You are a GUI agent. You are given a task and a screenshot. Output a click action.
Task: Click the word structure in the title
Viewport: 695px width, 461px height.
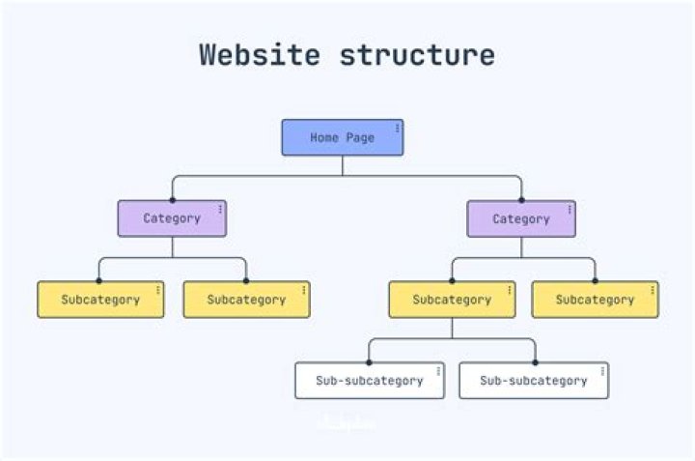(417, 54)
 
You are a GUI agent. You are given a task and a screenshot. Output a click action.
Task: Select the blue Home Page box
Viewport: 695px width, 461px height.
(342, 137)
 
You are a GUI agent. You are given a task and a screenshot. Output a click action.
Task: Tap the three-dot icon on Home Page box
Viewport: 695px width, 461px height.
(397, 128)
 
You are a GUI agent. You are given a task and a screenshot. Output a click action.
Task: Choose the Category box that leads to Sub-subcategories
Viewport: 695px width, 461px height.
(521, 218)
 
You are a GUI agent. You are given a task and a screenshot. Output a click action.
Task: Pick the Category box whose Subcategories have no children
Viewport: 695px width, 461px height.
(172, 218)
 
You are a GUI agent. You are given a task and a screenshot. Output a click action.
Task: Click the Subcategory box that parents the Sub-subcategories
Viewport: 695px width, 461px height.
(452, 300)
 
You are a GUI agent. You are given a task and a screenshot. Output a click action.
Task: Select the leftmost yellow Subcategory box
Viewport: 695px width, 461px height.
(100, 300)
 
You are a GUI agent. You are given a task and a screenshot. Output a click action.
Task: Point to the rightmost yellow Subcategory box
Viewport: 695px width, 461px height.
(595, 300)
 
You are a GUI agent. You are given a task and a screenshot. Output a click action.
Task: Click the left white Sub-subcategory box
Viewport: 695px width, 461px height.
(369, 381)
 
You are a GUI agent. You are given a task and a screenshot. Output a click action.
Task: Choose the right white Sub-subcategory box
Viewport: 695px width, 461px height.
(533, 381)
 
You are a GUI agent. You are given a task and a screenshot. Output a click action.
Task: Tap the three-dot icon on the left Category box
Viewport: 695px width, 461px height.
(220, 209)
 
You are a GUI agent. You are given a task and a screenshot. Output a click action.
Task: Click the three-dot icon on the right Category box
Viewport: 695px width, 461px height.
(570, 209)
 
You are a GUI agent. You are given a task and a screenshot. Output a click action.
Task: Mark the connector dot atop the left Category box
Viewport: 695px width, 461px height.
(172, 200)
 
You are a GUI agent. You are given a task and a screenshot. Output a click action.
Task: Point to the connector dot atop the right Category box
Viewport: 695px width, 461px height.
(521, 200)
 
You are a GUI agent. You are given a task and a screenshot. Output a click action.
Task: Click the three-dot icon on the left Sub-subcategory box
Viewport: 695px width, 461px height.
(438, 370)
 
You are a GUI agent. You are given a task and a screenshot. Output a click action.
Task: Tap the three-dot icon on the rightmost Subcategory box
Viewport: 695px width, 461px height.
(653, 289)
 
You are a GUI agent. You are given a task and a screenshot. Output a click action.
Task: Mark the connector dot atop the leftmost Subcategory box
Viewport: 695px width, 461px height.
(98, 281)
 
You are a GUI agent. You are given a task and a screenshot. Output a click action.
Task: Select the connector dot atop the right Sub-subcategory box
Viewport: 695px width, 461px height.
(535, 362)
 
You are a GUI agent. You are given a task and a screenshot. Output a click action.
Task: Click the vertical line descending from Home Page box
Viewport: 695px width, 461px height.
(343, 165)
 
